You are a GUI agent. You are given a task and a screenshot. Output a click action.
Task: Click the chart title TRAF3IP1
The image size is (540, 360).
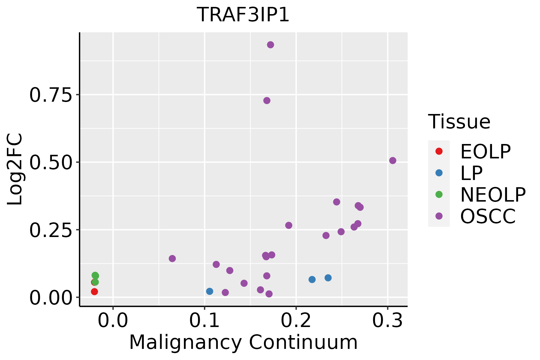click(243, 15)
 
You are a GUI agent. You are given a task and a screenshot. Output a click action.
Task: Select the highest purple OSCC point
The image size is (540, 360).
click(270, 45)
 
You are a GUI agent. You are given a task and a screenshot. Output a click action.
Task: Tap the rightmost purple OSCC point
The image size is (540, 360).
click(393, 160)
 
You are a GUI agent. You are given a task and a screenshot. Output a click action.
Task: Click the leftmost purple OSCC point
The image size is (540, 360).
click(172, 259)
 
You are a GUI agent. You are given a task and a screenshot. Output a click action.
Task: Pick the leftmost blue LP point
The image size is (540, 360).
click(210, 291)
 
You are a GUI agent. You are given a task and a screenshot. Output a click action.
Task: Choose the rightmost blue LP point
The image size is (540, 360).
click(328, 278)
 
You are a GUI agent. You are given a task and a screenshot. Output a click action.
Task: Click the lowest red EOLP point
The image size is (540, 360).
click(94, 292)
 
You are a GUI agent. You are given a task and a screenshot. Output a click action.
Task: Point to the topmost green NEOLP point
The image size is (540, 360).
click(95, 275)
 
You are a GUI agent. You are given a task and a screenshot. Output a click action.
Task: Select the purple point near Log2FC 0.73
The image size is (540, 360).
click(267, 100)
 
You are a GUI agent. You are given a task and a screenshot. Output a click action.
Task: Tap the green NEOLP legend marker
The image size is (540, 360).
click(439, 194)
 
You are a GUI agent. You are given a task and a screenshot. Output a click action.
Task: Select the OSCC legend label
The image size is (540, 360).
click(488, 216)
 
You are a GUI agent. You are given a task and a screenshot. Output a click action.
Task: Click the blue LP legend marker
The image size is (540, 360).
click(439, 173)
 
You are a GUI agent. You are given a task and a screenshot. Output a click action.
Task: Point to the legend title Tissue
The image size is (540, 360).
click(459, 122)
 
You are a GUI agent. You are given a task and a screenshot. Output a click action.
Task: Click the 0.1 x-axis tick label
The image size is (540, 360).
click(204, 321)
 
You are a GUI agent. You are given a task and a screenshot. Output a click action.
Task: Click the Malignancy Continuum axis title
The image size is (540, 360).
click(243, 343)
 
